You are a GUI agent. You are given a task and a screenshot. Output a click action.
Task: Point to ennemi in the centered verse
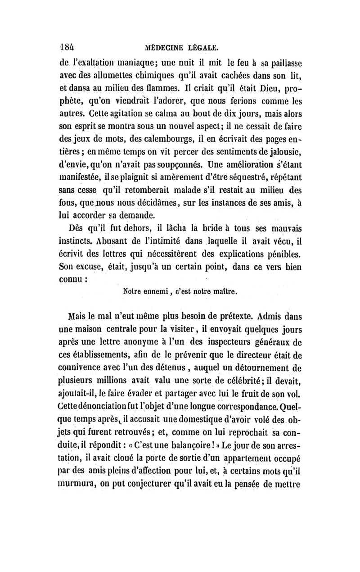143,291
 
